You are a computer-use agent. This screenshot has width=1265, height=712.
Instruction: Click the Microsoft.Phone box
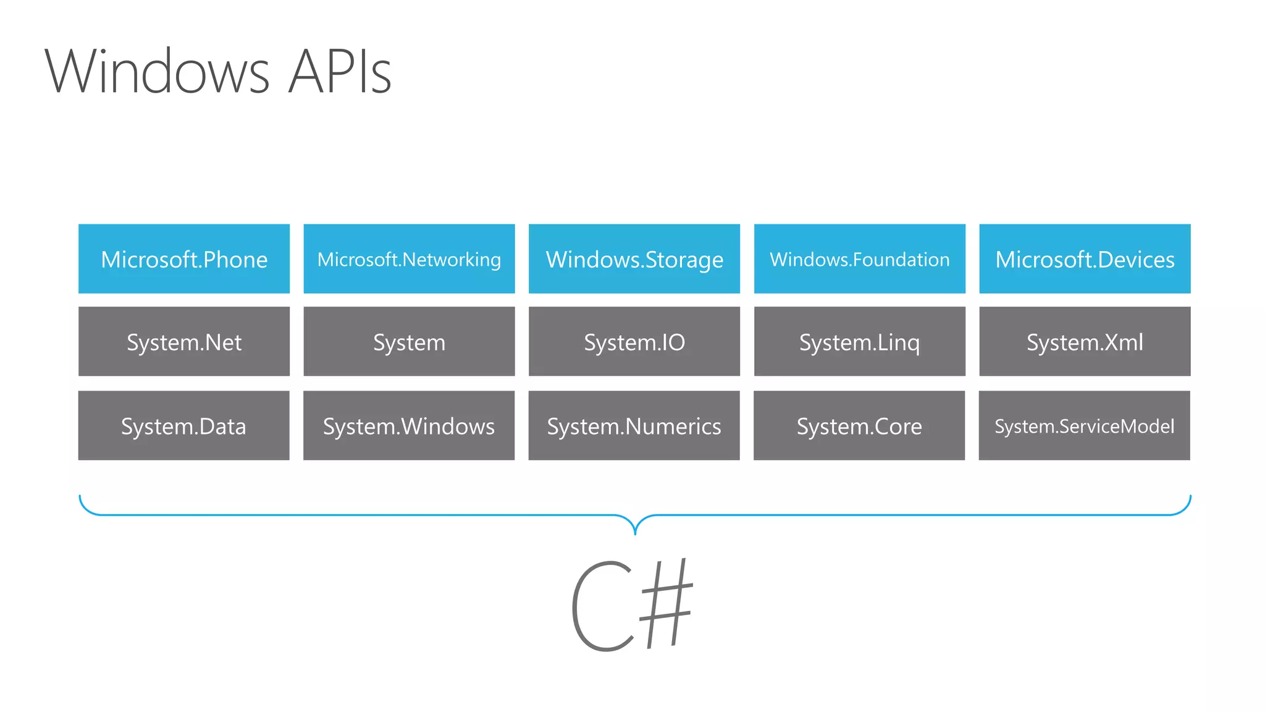tap(184, 259)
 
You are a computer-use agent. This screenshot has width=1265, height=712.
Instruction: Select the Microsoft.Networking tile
tap(409, 259)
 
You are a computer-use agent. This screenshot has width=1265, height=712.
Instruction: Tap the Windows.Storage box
tap(634, 259)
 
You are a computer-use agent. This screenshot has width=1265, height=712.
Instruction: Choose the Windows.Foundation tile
tap(859, 259)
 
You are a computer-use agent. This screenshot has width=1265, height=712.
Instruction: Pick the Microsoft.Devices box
tap(1085, 259)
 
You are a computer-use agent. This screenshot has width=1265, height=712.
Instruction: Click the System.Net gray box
tap(184, 342)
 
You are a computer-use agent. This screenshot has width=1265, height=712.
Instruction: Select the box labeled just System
tap(409, 342)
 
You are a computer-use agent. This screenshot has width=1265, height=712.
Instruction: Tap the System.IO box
tap(634, 342)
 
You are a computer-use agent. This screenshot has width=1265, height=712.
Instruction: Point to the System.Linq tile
tap(859, 342)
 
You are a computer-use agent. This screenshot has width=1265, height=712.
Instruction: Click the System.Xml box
tap(1085, 342)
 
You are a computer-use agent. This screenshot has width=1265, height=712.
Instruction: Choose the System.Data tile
tap(184, 426)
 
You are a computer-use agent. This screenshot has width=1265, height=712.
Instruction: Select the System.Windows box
tap(409, 426)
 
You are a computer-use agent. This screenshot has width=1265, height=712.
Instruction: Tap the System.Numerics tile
tap(634, 426)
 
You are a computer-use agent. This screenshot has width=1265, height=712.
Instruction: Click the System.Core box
tap(859, 426)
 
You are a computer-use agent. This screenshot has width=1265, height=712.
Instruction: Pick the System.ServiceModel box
tap(1085, 426)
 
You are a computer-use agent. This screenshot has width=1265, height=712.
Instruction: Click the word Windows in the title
tap(158, 72)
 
